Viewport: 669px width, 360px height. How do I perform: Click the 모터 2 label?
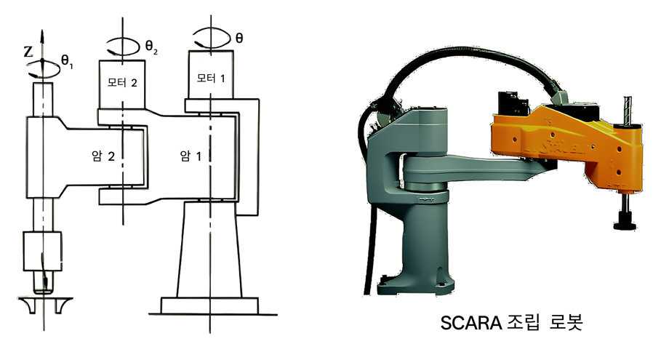click(x=122, y=82)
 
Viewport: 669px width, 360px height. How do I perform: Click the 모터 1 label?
click(x=211, y=78)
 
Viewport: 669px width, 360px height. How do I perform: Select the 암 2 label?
click(x=103, y=156)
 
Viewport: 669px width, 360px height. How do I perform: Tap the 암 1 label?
click(x=191, y=156)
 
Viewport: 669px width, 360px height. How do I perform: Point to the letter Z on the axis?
click(x=28, y=52)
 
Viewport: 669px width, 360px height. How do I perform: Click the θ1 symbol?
click(x=67, y=61)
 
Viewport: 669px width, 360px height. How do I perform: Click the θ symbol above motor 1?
click(x=239, y=39)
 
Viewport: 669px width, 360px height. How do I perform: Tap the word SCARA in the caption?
click(x=471, y=323)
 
